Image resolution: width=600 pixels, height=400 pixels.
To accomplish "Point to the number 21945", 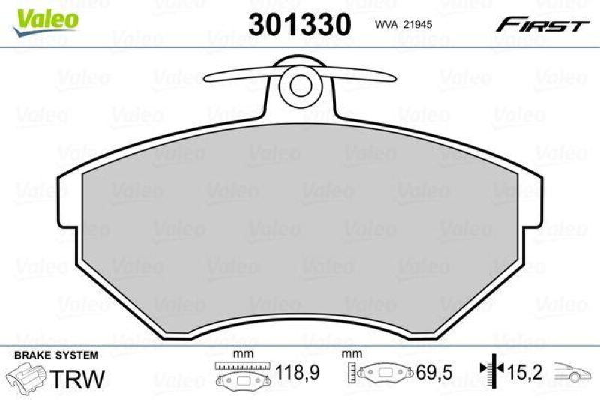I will (416, 24).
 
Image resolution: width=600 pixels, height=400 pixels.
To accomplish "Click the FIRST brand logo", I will (540, 25).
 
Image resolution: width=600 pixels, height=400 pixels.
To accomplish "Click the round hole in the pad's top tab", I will (299, 83).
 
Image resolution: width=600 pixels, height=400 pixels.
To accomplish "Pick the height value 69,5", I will (428, 372).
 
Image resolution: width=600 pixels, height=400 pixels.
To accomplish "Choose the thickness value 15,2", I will (528, 372).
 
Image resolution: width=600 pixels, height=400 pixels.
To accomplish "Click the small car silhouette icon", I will (571, 371).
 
